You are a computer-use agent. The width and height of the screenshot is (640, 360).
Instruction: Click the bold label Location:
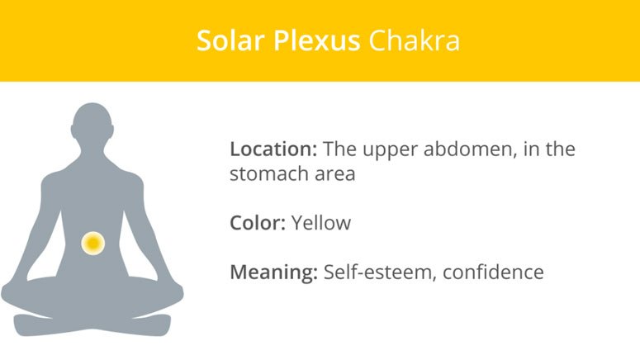point(273,150)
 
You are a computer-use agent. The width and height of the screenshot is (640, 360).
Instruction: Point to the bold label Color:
point(258,223)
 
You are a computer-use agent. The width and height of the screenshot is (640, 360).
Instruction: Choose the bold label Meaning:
point(274,272)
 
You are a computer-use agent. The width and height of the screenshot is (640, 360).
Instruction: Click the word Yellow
point(321,223)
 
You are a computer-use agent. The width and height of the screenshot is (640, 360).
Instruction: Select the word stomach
point(269,175)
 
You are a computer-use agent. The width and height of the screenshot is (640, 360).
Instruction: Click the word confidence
point(493,272)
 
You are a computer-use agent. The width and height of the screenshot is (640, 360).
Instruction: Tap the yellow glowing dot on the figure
point(92,243)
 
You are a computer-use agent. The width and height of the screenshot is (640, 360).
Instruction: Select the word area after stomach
point(334,176)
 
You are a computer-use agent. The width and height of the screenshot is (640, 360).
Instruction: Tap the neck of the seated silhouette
point(92,152)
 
